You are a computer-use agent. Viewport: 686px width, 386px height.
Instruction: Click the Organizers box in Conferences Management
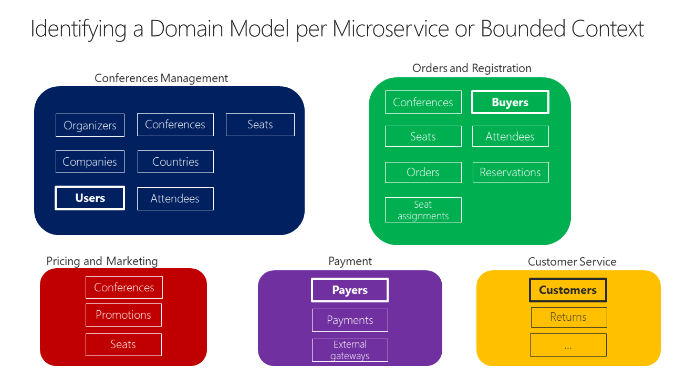(x=90, y=125)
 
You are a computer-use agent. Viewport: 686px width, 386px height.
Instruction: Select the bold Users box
(x=90, y=198)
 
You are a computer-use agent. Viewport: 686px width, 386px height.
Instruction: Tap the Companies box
(x=90, y=162)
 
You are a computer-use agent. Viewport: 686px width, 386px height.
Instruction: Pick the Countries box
(x=175, y=162)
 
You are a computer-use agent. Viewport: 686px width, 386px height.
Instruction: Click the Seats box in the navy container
(x=260, y=125)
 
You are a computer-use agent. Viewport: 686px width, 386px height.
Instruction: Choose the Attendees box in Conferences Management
(x=175, y=199)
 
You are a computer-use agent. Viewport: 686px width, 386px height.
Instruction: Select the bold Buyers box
(x=510, y=103)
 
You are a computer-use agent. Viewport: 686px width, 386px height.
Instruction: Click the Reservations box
(x=510, y=172)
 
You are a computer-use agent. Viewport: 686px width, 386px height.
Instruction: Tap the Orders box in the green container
(x=423, y=172)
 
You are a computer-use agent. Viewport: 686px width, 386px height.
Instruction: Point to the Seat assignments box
(x=423, y=210)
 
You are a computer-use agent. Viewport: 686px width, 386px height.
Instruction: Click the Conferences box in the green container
(x=423, y=103)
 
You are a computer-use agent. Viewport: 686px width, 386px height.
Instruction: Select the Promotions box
(x=123, y=315)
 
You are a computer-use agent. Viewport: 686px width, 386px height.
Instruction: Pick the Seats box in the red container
(x=123, y=344)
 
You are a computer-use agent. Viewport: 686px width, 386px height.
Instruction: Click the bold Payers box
(x=350, y=290)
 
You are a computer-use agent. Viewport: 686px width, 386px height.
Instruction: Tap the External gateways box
(x=350, y=350)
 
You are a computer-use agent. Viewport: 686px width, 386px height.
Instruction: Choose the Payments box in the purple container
(x=350, y=320)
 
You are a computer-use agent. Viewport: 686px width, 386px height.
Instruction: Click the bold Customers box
(x=568, y=290)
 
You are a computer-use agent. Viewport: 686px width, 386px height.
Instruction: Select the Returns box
(x=568, y=317)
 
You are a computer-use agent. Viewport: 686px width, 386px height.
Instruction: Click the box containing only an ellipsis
(x=568, y=345)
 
